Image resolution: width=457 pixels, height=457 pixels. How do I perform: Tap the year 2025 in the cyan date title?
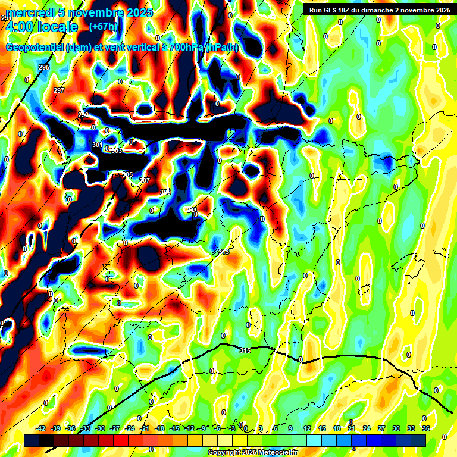tap(134, 12)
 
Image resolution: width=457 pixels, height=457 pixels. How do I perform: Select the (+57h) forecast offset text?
tap(103, 27)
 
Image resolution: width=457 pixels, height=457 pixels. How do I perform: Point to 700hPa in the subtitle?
tap(183, 48)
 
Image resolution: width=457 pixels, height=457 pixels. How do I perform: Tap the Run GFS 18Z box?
tap(377, 10)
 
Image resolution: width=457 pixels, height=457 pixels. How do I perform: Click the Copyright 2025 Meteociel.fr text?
tap(252, 452)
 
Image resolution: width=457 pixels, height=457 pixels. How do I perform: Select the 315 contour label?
tap(245, 350)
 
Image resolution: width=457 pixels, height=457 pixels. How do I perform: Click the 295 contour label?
tap(44, 68)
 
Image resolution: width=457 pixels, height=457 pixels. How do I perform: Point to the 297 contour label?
tap(58, 90)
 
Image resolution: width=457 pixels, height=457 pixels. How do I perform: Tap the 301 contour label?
tap(98, 145)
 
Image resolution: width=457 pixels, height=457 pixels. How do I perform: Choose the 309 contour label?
tap(165, 192)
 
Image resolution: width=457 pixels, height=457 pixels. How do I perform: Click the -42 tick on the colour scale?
tap(41, 428)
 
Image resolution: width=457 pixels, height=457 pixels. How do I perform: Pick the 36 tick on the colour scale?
tap(425, 428)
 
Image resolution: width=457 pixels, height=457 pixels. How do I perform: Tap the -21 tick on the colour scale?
tap(145, 428)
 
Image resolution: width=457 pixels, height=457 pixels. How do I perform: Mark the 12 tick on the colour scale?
tap(306, 428)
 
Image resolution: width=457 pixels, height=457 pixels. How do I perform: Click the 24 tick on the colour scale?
tap(366, 428)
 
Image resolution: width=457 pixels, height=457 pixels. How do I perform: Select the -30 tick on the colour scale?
tap(100, 428)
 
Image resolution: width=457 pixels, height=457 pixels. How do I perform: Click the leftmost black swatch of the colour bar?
tap(32, 440)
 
